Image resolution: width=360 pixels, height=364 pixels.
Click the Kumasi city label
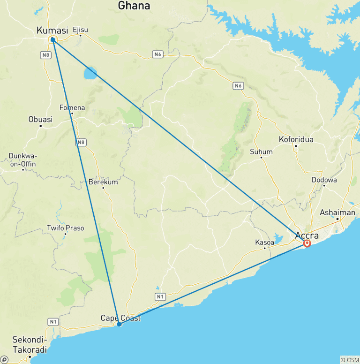pos(52,30)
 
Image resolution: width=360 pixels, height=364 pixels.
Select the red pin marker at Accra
pos(307,243)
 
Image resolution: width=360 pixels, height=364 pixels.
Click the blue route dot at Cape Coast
pos(120,324)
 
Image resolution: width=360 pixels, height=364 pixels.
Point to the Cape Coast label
pos(120,318)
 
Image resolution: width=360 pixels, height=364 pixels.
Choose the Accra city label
pos(307,235)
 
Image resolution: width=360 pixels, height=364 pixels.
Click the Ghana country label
pos(134,6)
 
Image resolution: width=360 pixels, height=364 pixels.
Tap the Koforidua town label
pos(296,139)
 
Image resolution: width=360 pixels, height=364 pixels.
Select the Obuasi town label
pos(40,119)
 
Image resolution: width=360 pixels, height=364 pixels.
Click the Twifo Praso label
pos(66,228)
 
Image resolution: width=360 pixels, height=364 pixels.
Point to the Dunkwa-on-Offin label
pos(22,160)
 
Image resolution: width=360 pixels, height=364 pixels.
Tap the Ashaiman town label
pos(337,212)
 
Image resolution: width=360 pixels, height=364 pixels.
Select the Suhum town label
pos(261,152)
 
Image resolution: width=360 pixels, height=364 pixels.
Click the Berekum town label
pos(103,182)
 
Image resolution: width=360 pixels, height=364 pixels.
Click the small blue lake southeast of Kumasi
pos(90,73)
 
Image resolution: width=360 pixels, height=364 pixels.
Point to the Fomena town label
pos(72,107)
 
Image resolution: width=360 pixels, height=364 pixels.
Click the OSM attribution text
pos(349,360)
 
